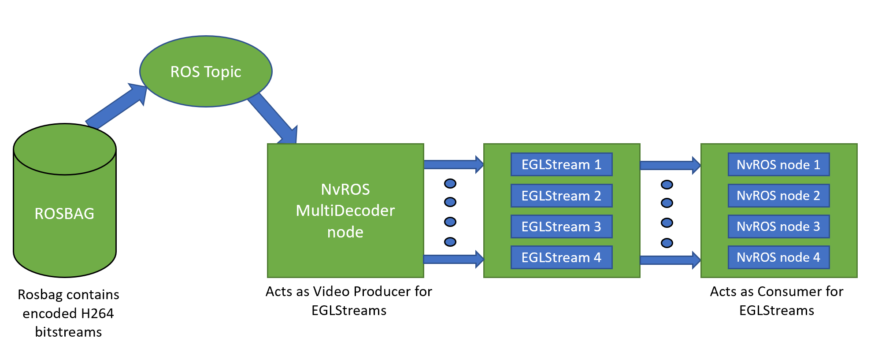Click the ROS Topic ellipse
(x=206, y=71)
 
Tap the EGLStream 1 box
(x=561, y=164)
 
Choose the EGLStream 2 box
(x=561, y=196)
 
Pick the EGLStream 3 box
(x=561, y=226)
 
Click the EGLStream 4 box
(x=561, y=257)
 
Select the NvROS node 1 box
(x=778, y=164)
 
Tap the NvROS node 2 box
(x=778, y=196)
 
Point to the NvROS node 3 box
(x=778, y=226)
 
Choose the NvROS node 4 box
(x=778, y=257)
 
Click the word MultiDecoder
(x=345, y=211)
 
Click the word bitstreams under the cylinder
(x=68, y=332)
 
